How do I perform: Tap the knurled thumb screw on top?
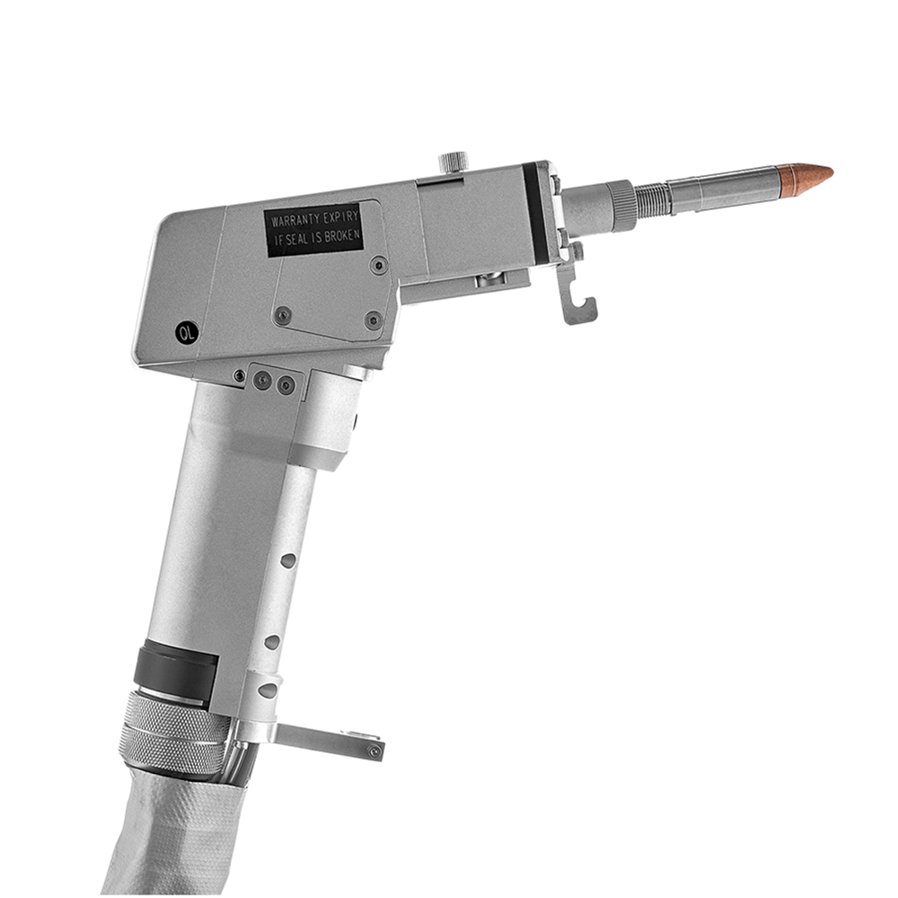coord(453,162)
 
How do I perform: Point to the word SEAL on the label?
coord(304,240)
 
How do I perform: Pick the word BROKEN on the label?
coord(342,235)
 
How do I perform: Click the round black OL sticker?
coord(186,333)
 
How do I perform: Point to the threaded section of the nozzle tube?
coord(652,197)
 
